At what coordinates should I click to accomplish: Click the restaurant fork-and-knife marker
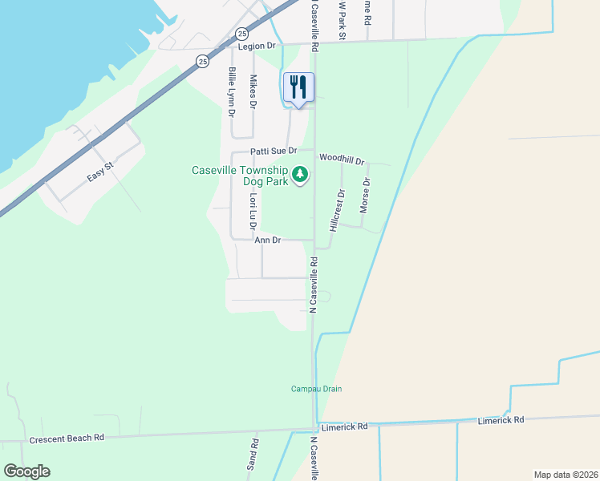point(298,87)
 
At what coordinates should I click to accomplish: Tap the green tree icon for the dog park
point(300,174)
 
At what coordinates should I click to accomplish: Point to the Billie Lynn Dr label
point(232,93)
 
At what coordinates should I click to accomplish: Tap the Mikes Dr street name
point(253,92)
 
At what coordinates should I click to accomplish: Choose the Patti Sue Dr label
point(274,151)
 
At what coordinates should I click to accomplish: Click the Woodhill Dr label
point(342,159)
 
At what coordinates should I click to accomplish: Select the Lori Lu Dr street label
point(253,211)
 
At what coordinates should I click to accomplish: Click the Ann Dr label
point(268,240)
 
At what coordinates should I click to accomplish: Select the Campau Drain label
point(316,389)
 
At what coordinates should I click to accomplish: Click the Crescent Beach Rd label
point(67,439)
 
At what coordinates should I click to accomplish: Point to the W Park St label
point(341,20)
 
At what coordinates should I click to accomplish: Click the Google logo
point(26,471)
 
